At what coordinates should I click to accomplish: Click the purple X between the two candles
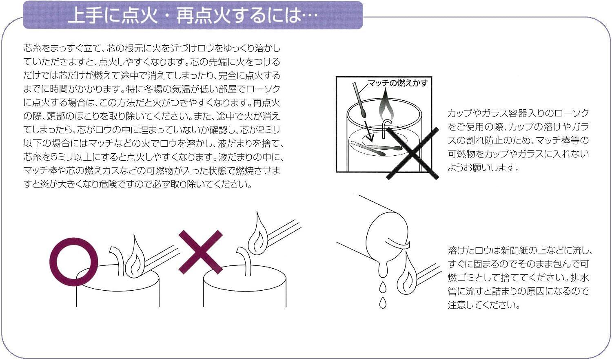[201, 252]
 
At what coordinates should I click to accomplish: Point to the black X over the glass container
[412, 153]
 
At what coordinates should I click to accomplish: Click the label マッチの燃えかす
[398, 83]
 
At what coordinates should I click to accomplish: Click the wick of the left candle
[117, 259]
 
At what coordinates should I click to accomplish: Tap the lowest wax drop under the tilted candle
[383, 303]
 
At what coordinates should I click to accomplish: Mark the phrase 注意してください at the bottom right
[484, 305]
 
